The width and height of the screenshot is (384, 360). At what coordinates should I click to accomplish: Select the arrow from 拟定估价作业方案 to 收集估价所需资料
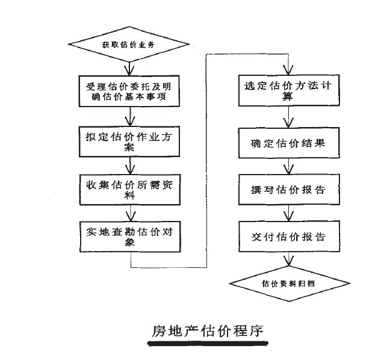pos(130,164)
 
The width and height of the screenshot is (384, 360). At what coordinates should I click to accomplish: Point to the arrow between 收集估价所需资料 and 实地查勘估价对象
pos(131,212)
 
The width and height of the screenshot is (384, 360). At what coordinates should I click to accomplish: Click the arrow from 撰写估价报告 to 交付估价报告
pos(290,213)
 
